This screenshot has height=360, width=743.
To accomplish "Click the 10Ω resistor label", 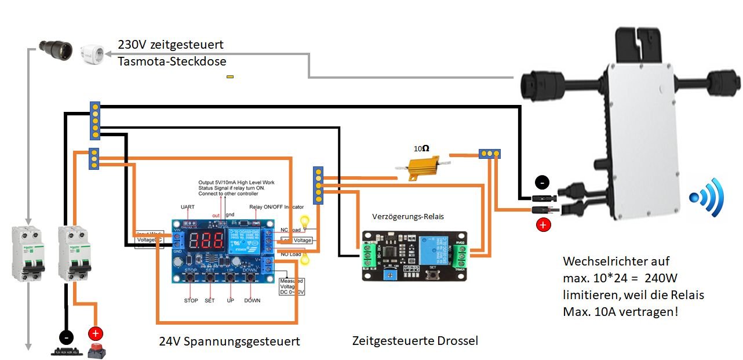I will (x=421, y=148).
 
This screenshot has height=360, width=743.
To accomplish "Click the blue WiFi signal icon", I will (x=706, y=197).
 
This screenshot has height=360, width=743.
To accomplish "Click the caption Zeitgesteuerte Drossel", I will (x=415, y=341).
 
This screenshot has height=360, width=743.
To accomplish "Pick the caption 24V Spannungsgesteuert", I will (x=230, y=341).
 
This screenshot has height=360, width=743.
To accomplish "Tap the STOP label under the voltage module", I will (x=191, y=300).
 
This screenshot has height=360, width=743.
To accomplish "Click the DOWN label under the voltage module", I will (x=252, y=300).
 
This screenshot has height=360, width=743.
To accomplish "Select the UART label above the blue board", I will (x=188, y=207).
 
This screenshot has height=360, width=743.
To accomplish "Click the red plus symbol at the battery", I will (x=95, y=333).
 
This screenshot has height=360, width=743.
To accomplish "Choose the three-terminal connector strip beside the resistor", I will (x=490, y=154).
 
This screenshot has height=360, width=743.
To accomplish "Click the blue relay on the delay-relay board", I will (x=434, y=246).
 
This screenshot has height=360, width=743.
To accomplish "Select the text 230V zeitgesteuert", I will (x=170, y=45).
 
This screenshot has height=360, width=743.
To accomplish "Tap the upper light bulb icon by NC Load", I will (x=303, y=222).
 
